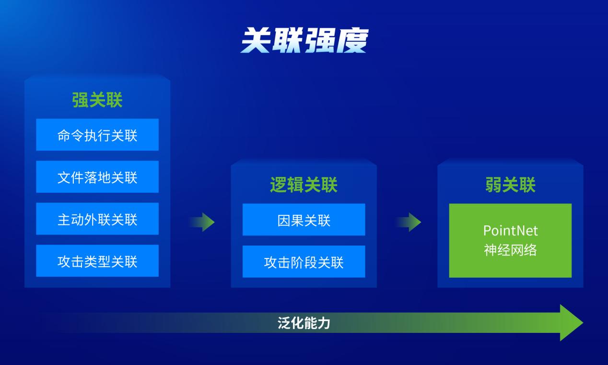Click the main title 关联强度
tap(304, 40)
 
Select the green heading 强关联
tap(97, 100)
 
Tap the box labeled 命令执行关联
tap(97, 135)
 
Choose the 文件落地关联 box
tap(97, 177)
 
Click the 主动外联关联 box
tap(97, 219)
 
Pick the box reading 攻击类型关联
tap(97, 261)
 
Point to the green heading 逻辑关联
tap(304, 185)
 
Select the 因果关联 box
tap(304, 220)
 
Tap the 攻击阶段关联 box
tap(304, 261)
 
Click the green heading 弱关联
tap(510, 185)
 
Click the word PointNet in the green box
tap(510, 231)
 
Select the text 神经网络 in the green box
tap(510, 250)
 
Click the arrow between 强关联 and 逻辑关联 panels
tap(202, 222)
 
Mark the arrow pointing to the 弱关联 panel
tap(408, 222)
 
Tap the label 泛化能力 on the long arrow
tap(304, 323)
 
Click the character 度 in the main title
tap(352, 40)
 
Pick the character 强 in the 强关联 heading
tap(80, 100)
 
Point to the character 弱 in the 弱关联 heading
tap(493, 185)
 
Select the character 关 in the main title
tap(256, 40)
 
